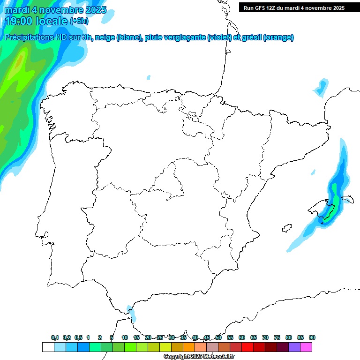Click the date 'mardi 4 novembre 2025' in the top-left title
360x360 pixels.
click(55, 10)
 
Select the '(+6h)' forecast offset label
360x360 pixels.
click(79, 21)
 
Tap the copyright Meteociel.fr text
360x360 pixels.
click(199, 356)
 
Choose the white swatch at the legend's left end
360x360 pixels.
click(48, 347)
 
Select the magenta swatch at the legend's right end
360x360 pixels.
click(306, 347)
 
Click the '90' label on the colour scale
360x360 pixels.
click(312, 337)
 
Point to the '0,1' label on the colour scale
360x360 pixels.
click(54, 337)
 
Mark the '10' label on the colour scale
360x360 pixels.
click(125, 337)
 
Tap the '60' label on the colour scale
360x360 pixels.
click(242, 337)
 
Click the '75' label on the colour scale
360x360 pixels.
click(277, 337)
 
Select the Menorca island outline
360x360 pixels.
click(347, 199)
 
